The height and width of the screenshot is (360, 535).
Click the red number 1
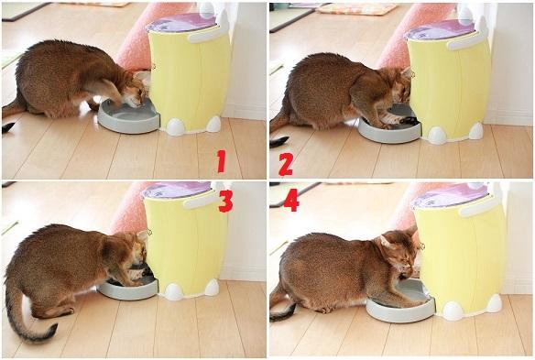point(222,161)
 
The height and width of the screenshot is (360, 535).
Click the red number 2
point(286,165)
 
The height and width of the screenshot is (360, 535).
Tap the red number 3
point(225,201)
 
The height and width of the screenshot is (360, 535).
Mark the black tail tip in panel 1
point(7,127)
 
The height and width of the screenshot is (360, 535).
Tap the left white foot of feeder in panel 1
point(175,127)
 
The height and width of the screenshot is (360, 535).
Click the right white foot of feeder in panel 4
point(494,303)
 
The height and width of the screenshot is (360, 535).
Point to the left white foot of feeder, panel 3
point(174,292)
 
